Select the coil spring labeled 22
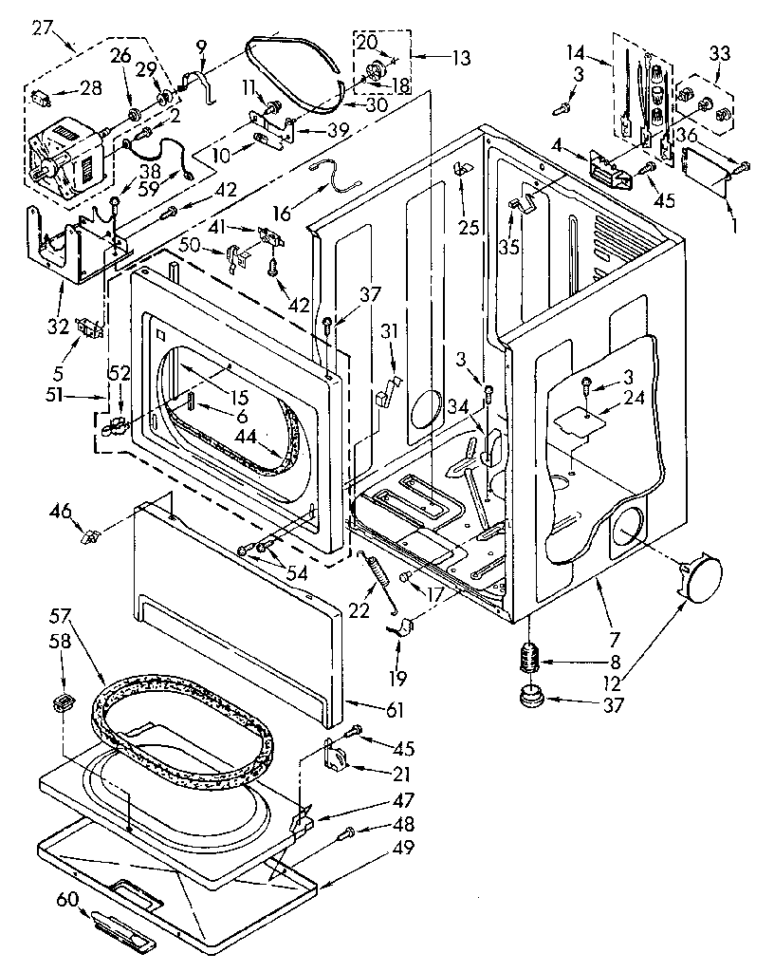377,575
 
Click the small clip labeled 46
90,537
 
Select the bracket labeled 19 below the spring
404,627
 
